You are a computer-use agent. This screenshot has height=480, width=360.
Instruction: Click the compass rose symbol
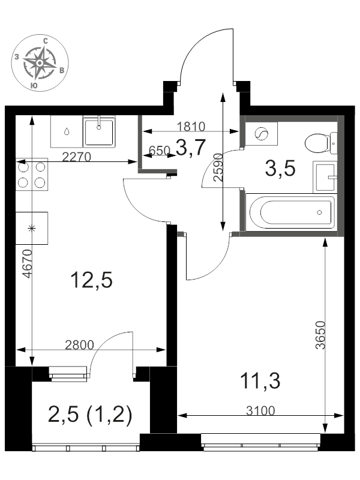(40, 63)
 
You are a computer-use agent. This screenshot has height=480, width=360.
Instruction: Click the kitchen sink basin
(98, 132)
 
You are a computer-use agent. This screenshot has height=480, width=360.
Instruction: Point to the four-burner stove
(32, 175)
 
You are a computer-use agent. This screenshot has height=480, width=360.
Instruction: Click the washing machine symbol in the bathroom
(262, 133)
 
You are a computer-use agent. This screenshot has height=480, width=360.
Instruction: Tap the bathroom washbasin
(325, 177)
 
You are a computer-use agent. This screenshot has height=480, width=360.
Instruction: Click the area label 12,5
(91, 280)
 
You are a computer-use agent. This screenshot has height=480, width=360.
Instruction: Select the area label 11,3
(260, 381)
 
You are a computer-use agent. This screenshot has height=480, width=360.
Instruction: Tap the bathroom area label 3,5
(280, 169)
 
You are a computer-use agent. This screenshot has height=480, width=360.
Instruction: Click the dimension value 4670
(28, 263)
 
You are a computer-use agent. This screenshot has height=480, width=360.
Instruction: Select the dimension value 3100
(260, 411)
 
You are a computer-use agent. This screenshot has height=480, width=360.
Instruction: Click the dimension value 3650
(320, 335)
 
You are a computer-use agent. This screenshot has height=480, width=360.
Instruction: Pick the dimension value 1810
(191, 127)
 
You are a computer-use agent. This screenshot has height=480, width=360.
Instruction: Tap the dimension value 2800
(80, 345)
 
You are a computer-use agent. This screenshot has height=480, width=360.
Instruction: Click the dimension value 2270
(77, 157)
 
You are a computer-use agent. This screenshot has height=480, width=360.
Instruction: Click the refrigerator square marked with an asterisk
(32, 228)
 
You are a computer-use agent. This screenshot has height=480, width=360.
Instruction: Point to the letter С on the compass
(46, 41)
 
